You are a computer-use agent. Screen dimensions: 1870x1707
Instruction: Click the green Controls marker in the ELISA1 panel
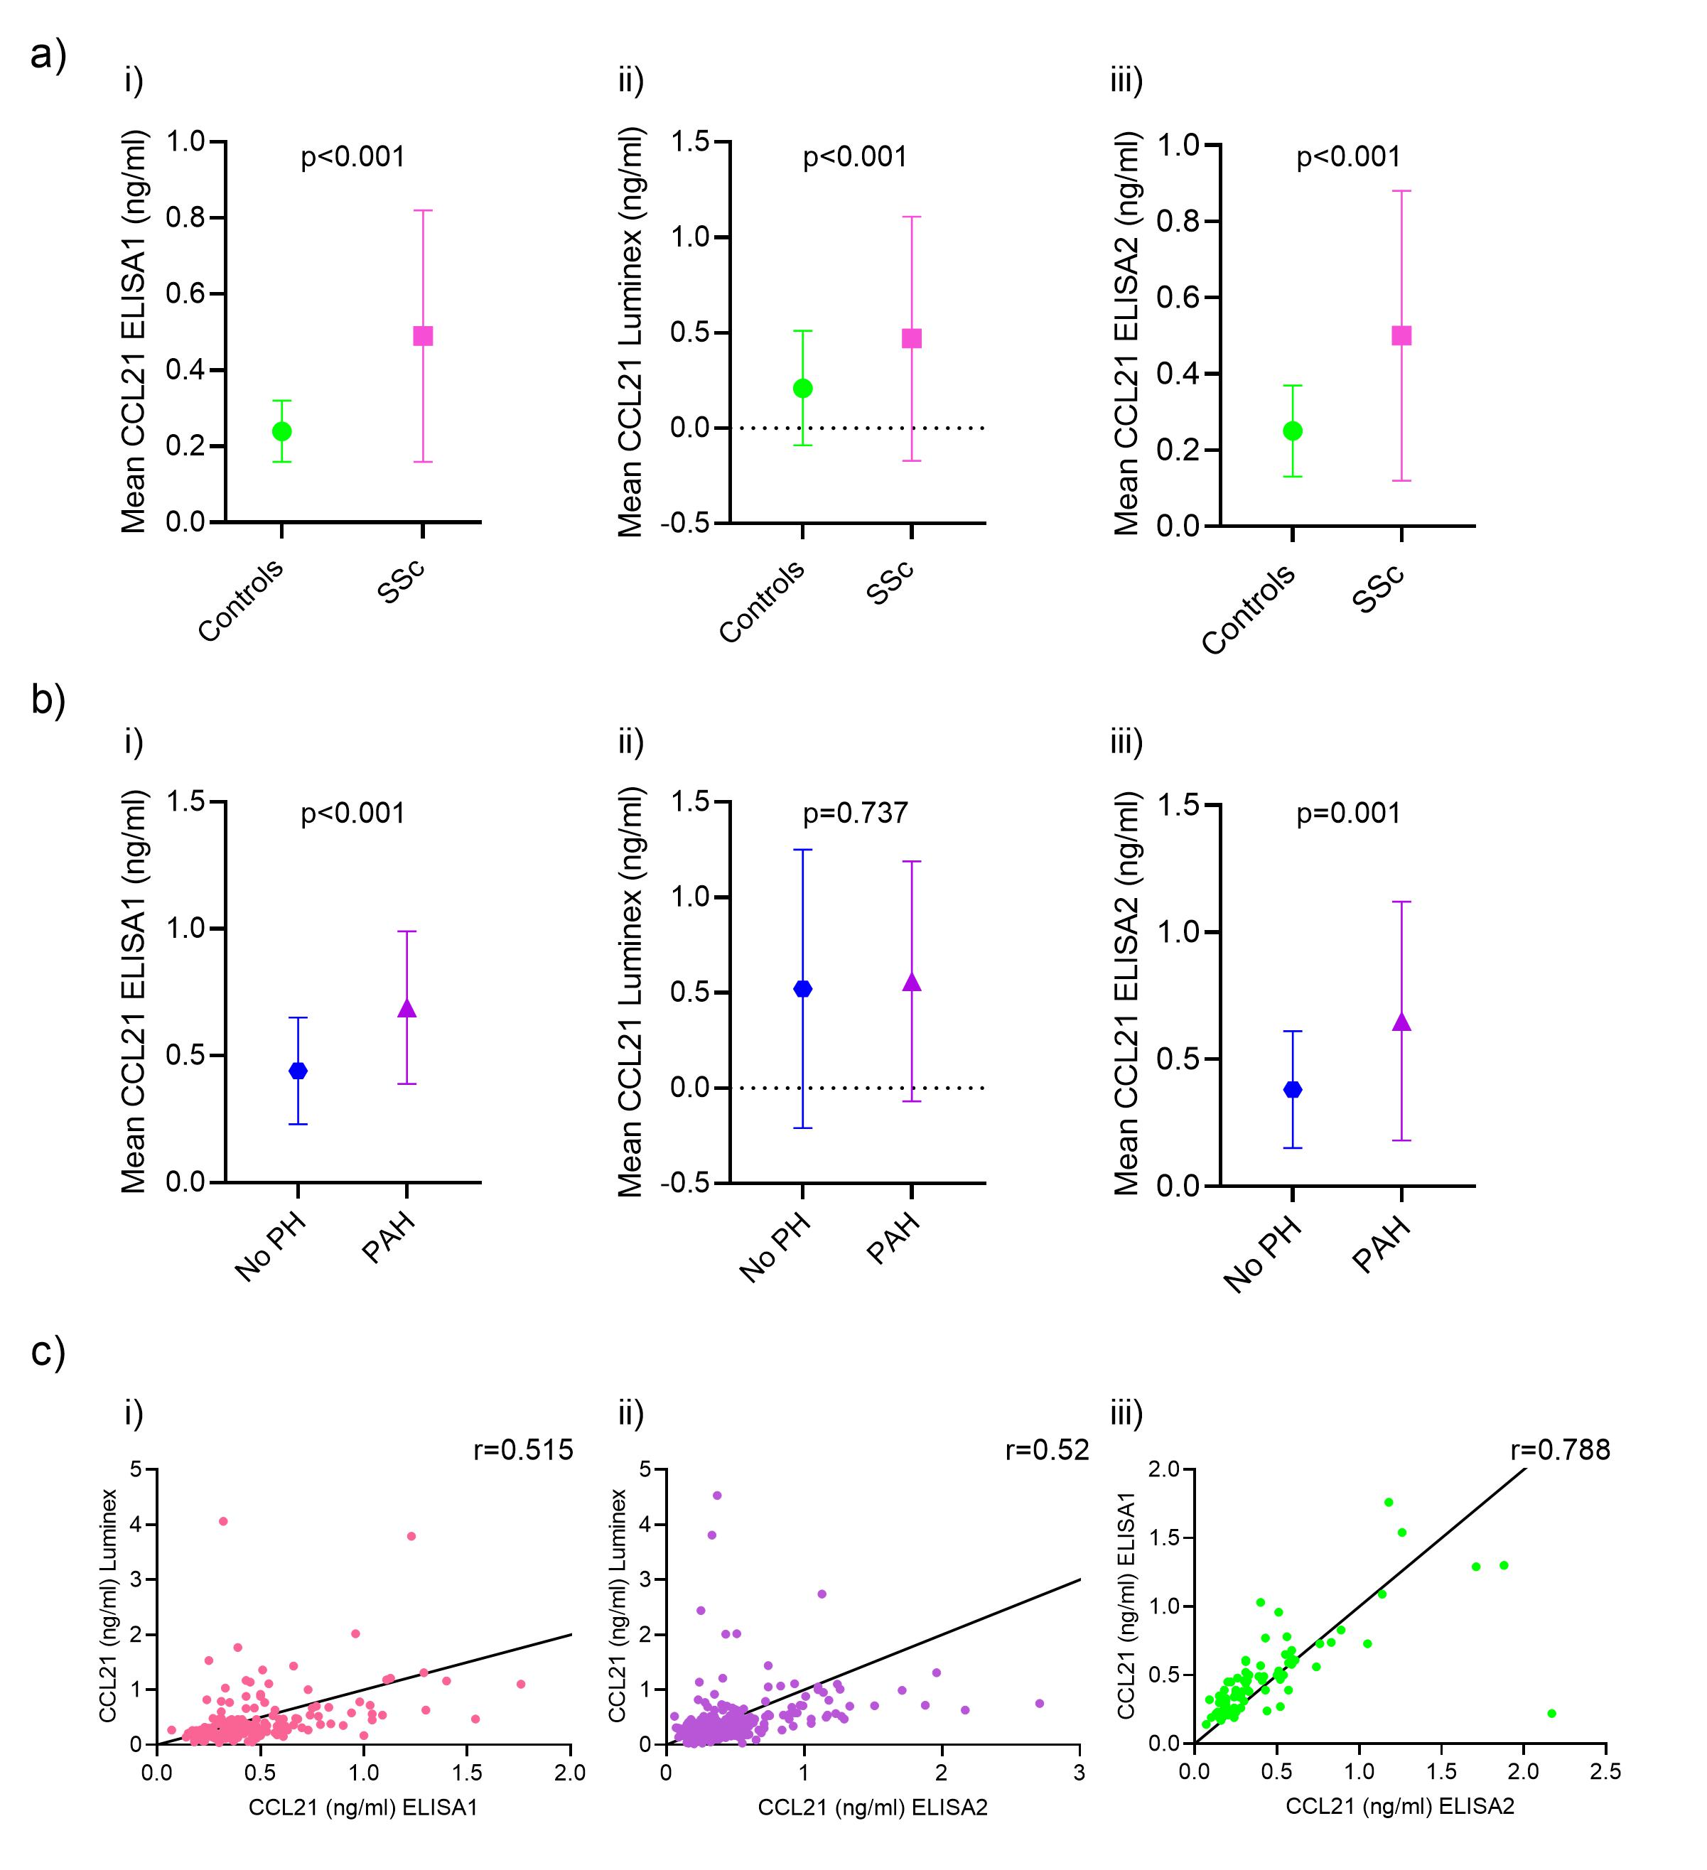click(282, 431)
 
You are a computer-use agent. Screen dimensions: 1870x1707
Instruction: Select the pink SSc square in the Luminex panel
click(912, 339)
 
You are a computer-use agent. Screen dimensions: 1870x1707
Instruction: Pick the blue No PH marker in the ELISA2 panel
click(1292, 1090)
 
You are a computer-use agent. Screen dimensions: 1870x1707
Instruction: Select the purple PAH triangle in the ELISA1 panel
click(406, 1009)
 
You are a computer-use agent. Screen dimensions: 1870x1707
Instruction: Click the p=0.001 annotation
click(1348, 814)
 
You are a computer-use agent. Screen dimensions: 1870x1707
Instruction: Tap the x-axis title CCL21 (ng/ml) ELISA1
click(362, 1806)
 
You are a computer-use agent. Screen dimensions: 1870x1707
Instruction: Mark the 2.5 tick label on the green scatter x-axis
click(1605, 1773)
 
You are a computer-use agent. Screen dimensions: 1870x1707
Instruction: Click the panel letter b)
click(48, 698)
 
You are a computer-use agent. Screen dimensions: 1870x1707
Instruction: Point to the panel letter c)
click(48, 1351)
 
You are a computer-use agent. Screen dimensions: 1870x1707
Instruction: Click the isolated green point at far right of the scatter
click(1552, 1713)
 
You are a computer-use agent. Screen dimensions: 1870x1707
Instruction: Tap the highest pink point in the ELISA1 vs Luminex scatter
click(222, 1521)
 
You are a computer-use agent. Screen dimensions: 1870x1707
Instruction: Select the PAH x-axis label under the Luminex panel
click(893, 1238)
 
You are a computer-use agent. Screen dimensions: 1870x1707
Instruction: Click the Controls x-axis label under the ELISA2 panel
click(1249, 608)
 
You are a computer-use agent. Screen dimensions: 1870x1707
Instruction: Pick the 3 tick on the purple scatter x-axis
click(1079, 1773)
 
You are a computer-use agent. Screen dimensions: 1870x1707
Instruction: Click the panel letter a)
click(48, 55)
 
